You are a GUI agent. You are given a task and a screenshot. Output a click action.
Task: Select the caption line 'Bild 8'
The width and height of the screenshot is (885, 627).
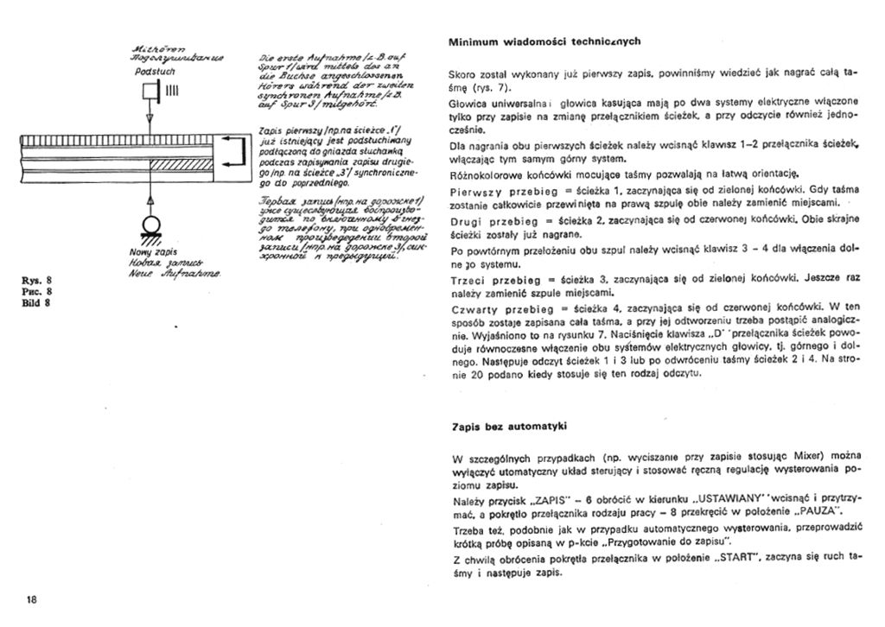(x=39, y=302)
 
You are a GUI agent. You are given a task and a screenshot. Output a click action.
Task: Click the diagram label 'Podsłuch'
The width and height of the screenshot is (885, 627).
(x=153, y=73)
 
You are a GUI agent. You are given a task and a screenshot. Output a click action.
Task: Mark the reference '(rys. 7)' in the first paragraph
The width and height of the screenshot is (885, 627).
(x=493, y=88)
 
